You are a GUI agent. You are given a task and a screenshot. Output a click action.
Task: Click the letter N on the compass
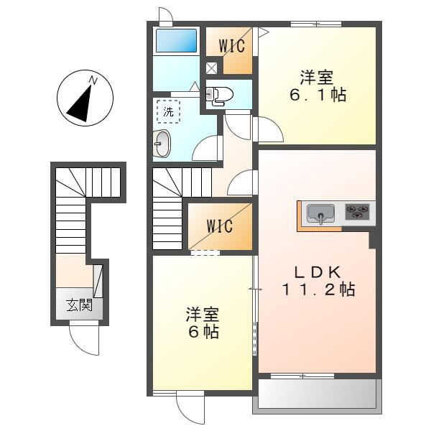[93, 80]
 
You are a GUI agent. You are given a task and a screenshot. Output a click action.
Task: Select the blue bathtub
[177, 40]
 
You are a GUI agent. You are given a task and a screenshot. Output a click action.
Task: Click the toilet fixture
[219, 95]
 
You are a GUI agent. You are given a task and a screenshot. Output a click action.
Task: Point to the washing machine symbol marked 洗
[169, 111]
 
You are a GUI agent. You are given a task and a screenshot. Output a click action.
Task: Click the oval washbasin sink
[162, 144]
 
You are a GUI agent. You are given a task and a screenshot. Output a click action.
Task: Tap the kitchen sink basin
[320, 213]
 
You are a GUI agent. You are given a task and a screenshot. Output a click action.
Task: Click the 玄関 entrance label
[80, 305]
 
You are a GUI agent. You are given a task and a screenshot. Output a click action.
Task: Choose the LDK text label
[318, 272]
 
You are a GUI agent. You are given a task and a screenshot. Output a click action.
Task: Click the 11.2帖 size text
[318, 289]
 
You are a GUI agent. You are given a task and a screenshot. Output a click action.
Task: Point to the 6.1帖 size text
[318, 95]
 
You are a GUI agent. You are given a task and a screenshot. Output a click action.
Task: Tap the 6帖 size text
[203, 331]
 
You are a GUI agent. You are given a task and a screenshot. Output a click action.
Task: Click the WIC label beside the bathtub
[232, 46]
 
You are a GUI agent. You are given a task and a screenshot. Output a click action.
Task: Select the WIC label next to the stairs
[220, 226]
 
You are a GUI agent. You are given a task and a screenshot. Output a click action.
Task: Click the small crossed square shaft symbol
[211, 68]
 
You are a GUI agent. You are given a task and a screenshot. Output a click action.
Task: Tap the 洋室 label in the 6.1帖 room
[317, 78]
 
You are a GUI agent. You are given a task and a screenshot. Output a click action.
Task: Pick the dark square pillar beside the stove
[372, 240]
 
